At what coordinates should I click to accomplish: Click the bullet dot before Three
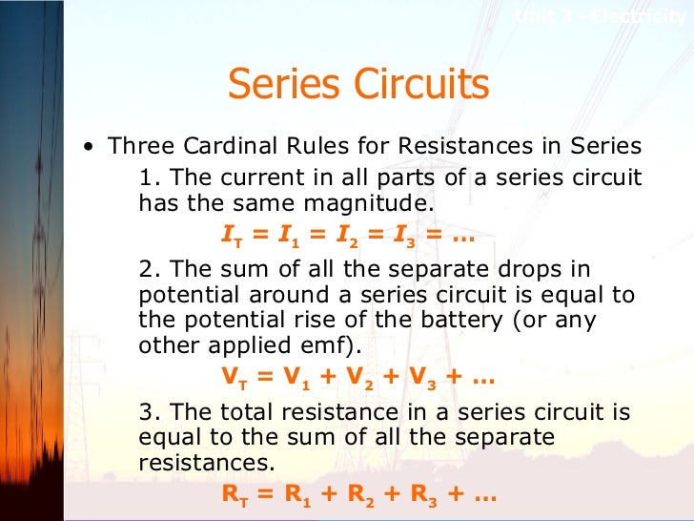[x=89, y=148]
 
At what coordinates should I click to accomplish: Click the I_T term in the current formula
[x=231, y=234]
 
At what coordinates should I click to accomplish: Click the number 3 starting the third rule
[x=146, y=412]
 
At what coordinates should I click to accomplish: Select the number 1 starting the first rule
[x=145, y=177]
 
